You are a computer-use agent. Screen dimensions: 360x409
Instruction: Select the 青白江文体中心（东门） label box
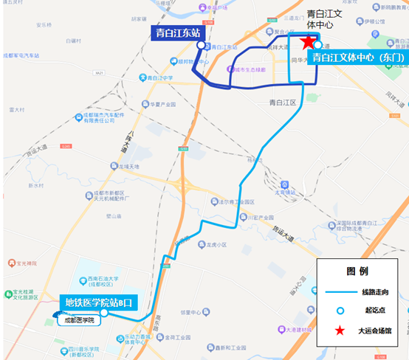pos(358,57)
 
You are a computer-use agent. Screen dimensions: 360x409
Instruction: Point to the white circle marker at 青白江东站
pos(201,46)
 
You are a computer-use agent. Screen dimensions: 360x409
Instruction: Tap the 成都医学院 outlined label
pos(78,320)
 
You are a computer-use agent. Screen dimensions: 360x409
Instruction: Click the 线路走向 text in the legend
pos(374,293)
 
